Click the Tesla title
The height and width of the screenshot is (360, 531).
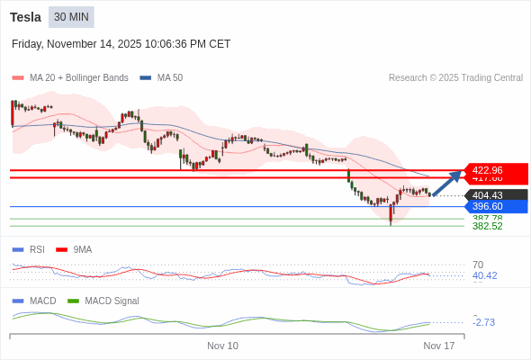point(25,17)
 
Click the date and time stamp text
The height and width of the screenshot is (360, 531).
point(121,43)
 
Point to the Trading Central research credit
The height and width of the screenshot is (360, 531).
point(455,78)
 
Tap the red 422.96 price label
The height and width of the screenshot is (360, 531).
point(494,169)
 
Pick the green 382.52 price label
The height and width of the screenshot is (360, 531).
point(487,227)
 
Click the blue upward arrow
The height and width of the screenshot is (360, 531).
point(446,182)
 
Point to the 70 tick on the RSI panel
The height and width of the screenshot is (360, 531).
point(478,265)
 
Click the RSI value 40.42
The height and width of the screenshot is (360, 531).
point(484,276)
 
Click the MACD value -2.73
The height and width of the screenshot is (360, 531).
point(484,322)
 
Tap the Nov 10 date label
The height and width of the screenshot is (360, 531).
point(222,346)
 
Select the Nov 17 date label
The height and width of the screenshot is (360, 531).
point(439,346)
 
